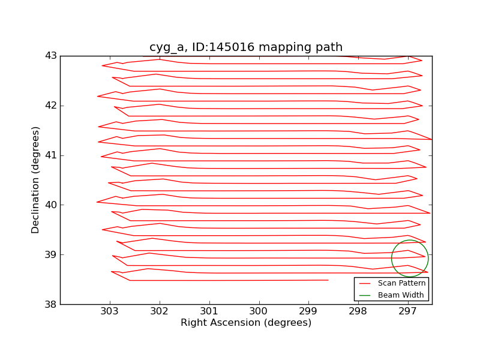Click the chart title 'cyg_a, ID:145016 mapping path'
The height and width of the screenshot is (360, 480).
click(x=246, y=47)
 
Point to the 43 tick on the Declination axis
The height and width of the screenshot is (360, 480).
click(x=50, y=56)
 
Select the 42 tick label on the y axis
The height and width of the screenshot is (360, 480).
click(x=50, y=106)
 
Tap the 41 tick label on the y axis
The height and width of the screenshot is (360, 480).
click(x=50, y=155)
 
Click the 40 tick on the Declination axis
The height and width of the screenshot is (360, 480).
click(x=50, y=205)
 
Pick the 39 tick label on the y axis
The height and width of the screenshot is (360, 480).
click(x=50, y=255)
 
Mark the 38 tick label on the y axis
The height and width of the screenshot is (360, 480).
click(x=50, y=305)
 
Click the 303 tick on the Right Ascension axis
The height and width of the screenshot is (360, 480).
click(x=110, y=312)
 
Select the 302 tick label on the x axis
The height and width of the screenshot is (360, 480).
click(x=160, y=312)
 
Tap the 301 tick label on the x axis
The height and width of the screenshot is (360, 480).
click(x=209, y=312)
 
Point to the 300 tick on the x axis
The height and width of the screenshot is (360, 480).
click(x=259, y=312)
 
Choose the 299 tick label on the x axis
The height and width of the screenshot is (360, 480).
click(x=308, y=312)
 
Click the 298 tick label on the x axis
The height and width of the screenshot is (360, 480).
click(x=358, y=312)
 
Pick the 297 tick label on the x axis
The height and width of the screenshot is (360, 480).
click(x=408, y=312)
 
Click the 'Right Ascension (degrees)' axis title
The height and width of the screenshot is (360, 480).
click(x=246, y=323)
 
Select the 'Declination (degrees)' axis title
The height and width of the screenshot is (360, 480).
click(x=36, y=180)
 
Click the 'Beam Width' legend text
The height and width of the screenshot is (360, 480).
click(x=401, y=295)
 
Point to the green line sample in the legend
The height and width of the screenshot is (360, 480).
click(x=366, y=295)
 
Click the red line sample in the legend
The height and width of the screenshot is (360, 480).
click(x=366, y=283)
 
